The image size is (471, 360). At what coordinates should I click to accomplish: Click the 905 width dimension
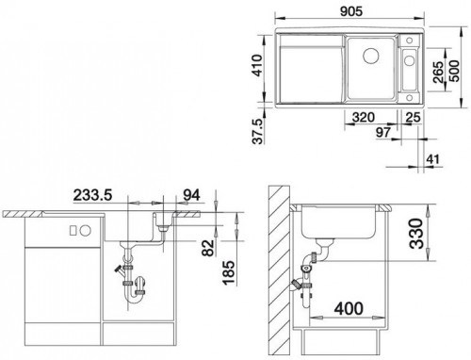coord(351,11)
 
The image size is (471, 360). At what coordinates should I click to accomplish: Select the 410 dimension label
coord(257,65)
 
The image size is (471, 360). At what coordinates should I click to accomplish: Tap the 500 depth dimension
coord(454,71)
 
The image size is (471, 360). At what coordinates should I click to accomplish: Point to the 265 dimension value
coord(438,73)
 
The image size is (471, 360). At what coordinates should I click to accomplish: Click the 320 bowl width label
coord(364,117)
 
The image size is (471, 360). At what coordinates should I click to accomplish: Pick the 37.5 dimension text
coord(257,131)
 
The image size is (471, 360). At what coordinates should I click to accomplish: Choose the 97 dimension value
coord(383,132)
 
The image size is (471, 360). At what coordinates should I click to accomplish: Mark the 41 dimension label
coord(433,159)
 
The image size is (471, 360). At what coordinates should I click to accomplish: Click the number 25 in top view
coord(413,117)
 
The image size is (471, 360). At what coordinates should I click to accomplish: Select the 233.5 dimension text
coord(92,195)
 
